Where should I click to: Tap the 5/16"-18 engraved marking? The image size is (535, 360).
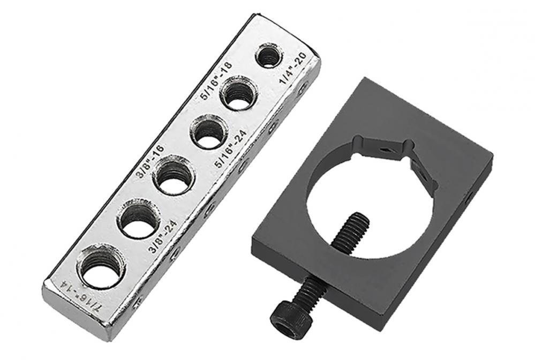(216, 80)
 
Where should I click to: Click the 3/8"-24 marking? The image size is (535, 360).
(162, 236)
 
